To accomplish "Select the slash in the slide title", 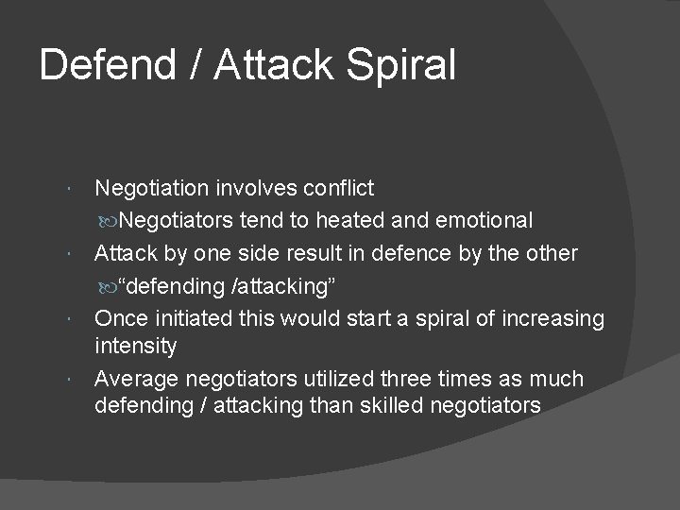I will tap(197, 65).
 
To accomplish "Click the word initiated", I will tap(195, 319).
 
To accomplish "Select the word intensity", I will tap(135, 346).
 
